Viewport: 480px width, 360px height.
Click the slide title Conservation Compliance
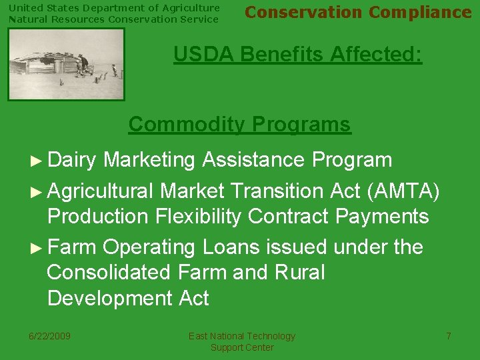pyautogui.click(x=358, y=13)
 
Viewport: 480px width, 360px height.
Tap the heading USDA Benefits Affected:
pyautogui.click(x=297, y=54)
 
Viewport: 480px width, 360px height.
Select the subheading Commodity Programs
pyautogui.click(x=239, y=124)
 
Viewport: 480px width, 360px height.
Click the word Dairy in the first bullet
pyautogui.click(x=72, y=160)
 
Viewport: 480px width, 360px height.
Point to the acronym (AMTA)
pyautogui.click(x=403, y=191)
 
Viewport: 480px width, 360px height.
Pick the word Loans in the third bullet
pyautogui.click(x=231, y=247)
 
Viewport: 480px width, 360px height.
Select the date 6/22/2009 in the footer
pyautogui.click(x=50, y=336)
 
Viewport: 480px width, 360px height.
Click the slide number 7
pyautogui.click(x=449, y=336)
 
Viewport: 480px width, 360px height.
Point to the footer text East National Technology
pyautogui.click(x=241, y=336)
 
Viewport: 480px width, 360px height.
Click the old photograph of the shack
pyautogui.click(x=66, y=64)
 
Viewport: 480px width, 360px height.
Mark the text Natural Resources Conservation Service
pyautogui.click(x=113, y=19)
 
